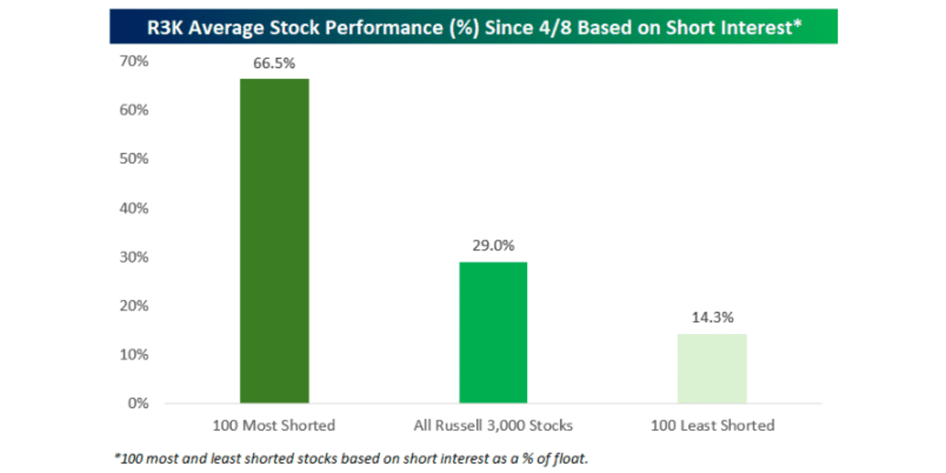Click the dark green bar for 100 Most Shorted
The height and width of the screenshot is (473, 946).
click(x=274, y=240)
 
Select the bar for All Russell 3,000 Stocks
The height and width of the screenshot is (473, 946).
click(x=493, y=333)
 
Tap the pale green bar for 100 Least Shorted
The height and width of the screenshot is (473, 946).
click(x=712, y=368)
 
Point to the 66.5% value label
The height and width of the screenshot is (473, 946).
click(x=274, y=63)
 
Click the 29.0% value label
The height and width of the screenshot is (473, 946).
click(x=493, y=246)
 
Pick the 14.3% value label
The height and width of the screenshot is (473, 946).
click(x=712, y=318)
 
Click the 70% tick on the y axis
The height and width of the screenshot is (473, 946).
click(x=134, y=61)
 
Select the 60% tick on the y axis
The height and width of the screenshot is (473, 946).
click(x=134, y=110)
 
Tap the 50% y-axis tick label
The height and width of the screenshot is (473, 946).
click(x=134, y=159)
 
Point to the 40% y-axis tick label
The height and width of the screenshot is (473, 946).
click(x=134, y=208)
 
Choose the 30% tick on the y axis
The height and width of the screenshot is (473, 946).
click(x=134, y=257)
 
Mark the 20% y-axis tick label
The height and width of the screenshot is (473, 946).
click(x=134, y=305)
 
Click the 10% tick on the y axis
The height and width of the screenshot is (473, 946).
click(x=134, y=354)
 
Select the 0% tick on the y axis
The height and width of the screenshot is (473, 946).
click(x=137, y=404)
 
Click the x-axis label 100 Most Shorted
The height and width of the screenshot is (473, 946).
click(x=273, y=426)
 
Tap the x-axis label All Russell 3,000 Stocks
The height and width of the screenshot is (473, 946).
click(x=493, y=426)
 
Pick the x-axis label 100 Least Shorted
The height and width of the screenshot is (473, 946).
click(x=712, y=426)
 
